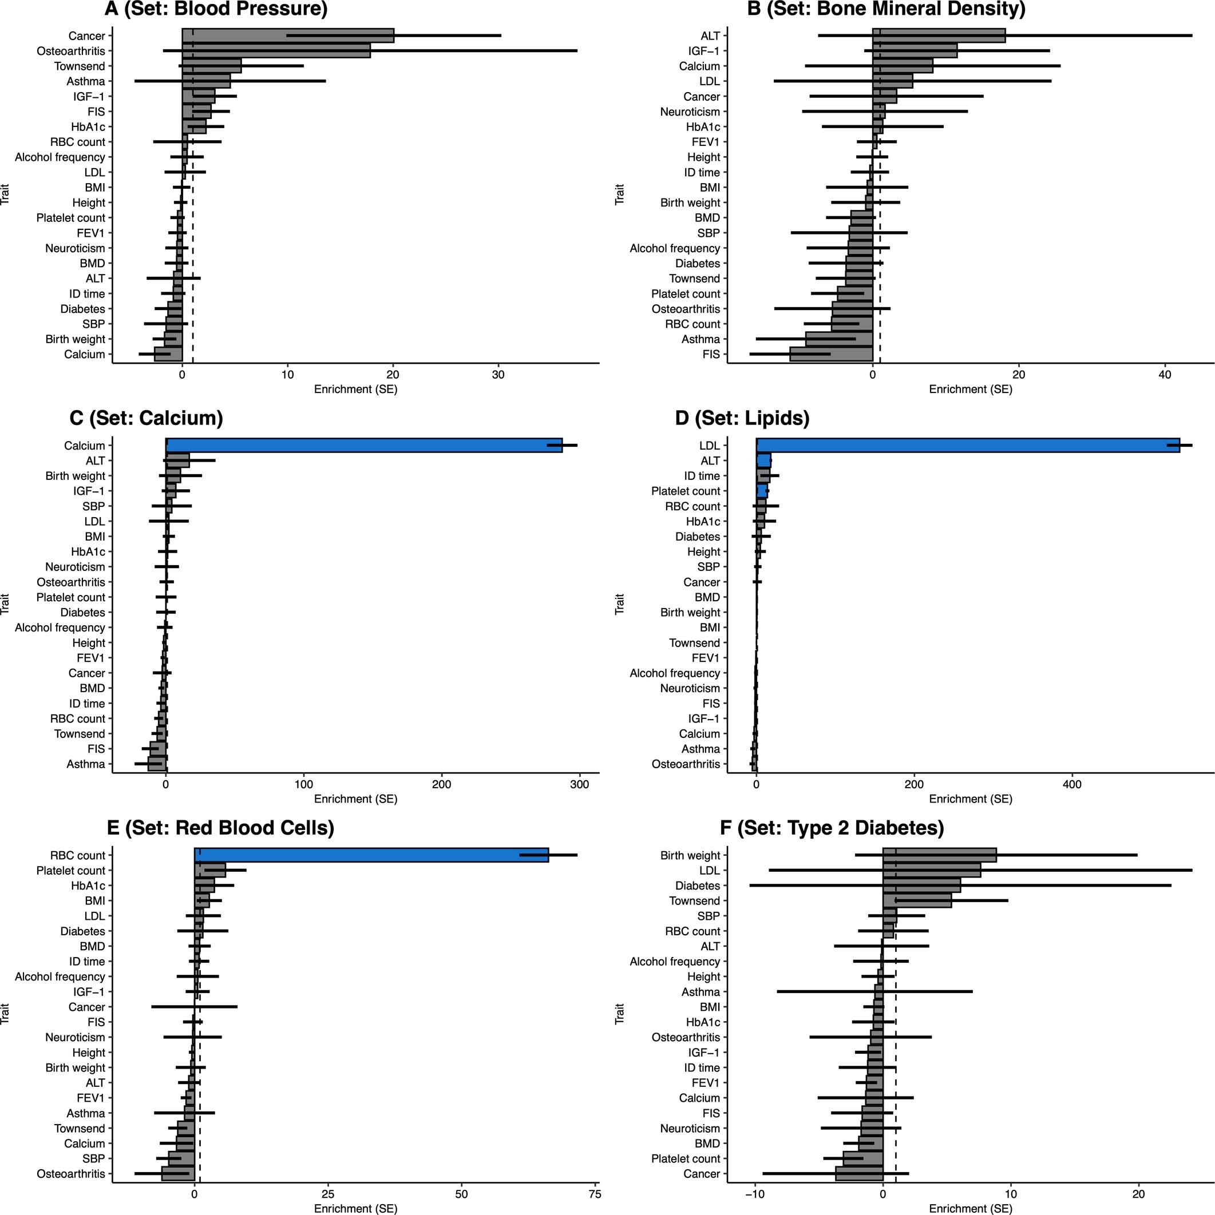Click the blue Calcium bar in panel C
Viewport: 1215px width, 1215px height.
[363, 445]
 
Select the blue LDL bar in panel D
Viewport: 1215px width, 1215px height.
[968, 445]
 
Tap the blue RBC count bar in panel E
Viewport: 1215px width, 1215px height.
[371, 855]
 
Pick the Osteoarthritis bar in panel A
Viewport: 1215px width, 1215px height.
[276, 51]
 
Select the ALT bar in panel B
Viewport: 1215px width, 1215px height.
[939, 36]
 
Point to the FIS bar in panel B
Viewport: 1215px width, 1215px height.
[831, 354]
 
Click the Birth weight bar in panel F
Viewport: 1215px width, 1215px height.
[939, 855]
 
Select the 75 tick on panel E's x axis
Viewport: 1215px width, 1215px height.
[594, 1194]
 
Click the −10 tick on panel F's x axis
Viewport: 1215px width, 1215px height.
[753, 1194]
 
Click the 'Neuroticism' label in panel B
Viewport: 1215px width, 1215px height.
[690, 112]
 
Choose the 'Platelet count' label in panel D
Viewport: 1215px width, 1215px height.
[685, 491]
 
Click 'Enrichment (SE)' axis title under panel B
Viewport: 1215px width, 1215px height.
[970, 390]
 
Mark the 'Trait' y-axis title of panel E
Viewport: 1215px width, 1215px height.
[6, 1014]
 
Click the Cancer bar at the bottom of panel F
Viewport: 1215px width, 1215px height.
[860, 1173]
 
